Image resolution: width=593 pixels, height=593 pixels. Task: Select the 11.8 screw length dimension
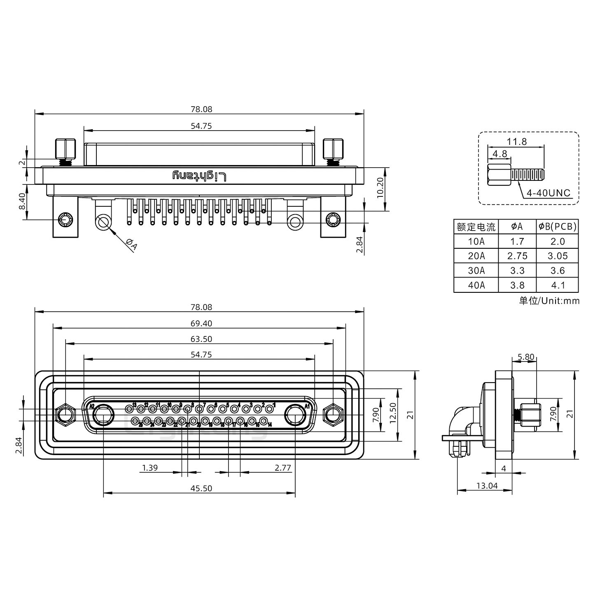click(516, 142)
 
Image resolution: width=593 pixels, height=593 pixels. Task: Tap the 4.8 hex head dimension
click(500, 154)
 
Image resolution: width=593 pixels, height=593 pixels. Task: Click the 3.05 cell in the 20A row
click(558, 256)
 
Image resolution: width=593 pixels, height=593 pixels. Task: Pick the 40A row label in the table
click(476, 285)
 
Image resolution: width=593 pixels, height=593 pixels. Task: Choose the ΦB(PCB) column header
click(558, 226)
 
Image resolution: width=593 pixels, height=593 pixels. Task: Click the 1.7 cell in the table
click(517, 241)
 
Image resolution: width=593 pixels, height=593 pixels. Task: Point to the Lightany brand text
click(199, 176)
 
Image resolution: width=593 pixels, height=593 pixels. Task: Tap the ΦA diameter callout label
click(131, 245)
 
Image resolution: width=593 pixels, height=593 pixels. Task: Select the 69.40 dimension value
click(201, 324)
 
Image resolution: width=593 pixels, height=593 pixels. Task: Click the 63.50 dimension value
click(201, 339)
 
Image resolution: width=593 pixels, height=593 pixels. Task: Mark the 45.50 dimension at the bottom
click(201, 488)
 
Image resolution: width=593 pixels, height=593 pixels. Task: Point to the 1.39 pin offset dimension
click(149, 468)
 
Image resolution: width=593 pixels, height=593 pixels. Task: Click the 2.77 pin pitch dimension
click(282, 468)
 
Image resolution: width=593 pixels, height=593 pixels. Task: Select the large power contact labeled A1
click(295, 416)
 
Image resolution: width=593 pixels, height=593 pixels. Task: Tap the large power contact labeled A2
click(103, 416)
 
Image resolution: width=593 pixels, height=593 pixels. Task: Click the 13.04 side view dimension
click(487, 486)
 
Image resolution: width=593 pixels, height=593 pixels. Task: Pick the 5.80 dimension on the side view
click(526, 357)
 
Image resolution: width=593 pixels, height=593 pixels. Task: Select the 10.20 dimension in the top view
click(381, 188)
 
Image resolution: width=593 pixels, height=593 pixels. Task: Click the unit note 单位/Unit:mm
click(549, 301)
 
